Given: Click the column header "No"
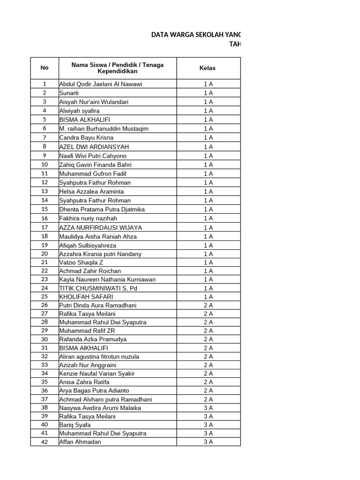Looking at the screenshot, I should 45,68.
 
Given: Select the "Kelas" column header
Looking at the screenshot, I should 208,68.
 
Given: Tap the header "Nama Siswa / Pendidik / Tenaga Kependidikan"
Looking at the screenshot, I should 117,68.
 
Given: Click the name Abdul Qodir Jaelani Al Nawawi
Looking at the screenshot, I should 100,84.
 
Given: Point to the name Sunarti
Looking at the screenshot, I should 69,93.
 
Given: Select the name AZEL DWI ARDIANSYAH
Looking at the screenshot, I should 94,147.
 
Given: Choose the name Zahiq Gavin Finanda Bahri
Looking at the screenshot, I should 95,165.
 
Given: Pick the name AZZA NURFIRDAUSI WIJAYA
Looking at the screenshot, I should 100,227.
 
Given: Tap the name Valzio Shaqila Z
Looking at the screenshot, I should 81,262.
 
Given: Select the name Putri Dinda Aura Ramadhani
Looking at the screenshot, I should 98,305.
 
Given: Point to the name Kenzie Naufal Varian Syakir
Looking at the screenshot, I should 97,374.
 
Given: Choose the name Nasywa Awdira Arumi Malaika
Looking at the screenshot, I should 100,408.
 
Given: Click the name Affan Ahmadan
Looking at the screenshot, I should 80,442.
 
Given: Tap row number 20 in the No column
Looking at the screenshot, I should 45,254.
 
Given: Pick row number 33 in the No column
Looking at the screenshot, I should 45,365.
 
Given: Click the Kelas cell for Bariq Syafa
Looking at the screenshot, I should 208,425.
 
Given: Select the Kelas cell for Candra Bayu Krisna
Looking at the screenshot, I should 208,138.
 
